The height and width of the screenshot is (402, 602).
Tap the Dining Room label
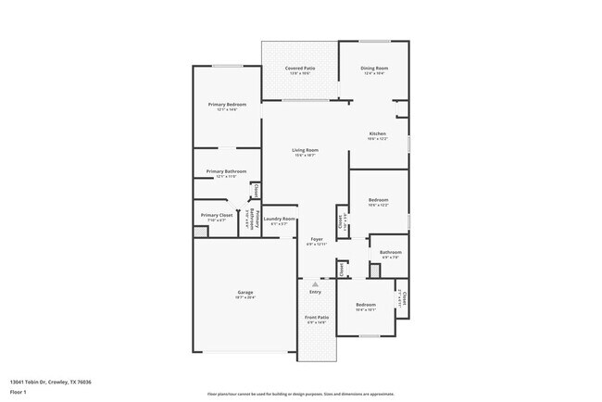(x=373, y=69)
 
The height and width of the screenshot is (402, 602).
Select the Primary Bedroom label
(x=226, y=105)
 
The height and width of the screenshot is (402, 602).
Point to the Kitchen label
(x=378, y=134)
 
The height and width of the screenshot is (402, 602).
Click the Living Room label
(x=306, y=150)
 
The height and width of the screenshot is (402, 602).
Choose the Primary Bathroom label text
(x=226, y=171)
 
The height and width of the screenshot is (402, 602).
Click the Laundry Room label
(x=280, y=219)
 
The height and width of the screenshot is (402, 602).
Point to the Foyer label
(x=317, y=239)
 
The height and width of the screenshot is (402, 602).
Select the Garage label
(x=245, y=293)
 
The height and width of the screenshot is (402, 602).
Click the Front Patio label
(x=317, y=318)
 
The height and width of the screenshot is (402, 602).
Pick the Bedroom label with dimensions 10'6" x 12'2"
(x=378, y=200)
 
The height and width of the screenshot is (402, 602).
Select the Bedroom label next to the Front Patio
(x=366, y=305)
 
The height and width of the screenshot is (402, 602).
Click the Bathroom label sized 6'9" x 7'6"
(x=390, y=252)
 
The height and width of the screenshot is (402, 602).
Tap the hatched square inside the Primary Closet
(x=201, y=230)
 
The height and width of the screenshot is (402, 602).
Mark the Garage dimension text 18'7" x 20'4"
(x=245, y=298)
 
